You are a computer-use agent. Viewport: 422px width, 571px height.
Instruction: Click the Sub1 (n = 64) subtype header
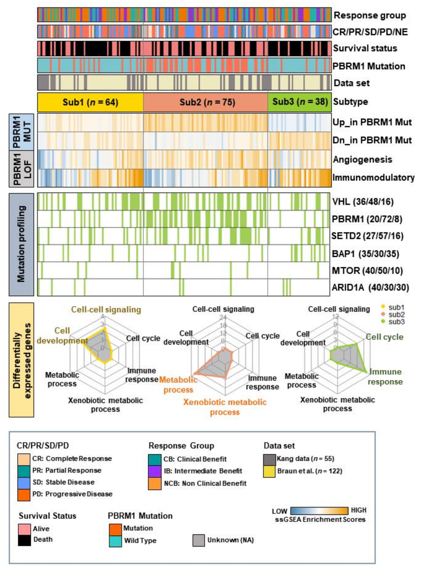[90, 102]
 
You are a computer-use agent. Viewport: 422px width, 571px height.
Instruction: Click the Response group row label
[370, 15]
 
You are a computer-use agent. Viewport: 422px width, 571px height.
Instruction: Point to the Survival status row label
[365, 48]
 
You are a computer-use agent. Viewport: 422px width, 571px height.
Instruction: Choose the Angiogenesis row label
[362, 159]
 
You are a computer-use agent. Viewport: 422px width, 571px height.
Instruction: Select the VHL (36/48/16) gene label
[363, 202]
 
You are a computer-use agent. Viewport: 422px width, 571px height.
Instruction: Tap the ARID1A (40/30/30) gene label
[370, 288]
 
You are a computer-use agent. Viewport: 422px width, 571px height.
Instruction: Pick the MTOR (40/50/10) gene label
[367, 271]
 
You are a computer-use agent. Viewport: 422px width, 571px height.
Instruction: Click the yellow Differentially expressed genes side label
[22, 360]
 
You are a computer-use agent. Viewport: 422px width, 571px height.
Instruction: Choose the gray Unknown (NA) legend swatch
[199, 540]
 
